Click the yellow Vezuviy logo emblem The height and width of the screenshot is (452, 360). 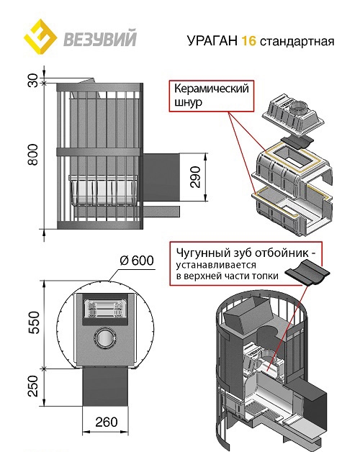pyautogui.click(x=40, y=37)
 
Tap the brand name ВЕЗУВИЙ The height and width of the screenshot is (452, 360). pyautogui.click(x=99, y=39)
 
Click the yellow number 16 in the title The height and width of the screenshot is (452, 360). pyautogui.click(x=248, y=40)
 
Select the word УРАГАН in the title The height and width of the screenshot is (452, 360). pyautogui.click(x=212, y=40)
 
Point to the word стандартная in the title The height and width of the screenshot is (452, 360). pyautogui.click(x=297, y=42)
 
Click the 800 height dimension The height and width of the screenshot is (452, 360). pyautogui.click(x=33, y=155)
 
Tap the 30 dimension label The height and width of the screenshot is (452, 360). pyautogui.click(x=33, y=81)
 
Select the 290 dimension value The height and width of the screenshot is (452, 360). pyautogui.click(x=196, y=177)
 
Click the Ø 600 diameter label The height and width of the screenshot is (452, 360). pyautogui.click(x=137, y=261)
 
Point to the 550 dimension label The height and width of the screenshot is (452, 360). pyautogui.click(x=33, y=322)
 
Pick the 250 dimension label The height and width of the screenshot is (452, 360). pyautogui.click(x=33, y=386)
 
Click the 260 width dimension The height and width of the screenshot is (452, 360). pyautogui.click(x=107, y=422)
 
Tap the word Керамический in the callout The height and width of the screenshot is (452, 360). pyautogui.click(x=212, y=89)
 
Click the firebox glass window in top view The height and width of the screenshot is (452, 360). pyautogui.click(x=106, y=309)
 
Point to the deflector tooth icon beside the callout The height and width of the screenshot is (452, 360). pyautogui.click(x=307, y=271)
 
